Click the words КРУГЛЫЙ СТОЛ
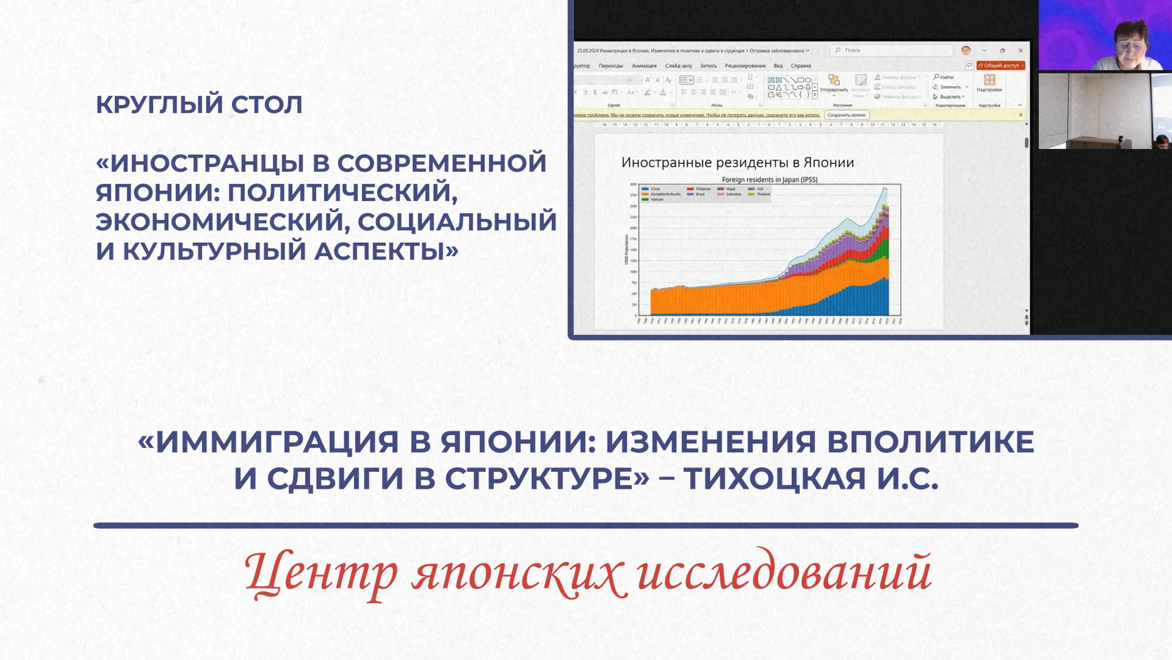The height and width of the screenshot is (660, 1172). tap(199, 105)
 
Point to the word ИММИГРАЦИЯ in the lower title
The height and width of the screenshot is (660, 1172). tap(277, 442)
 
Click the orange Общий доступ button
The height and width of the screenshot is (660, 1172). tap(1001, 66)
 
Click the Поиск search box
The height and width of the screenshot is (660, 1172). tap(891, 50)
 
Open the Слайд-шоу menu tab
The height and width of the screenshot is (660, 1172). tap(678, 66)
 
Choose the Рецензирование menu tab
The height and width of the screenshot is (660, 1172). tap(745, 66)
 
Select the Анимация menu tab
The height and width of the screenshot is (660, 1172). tap(644, 66)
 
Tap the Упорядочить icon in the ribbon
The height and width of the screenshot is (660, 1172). tap(834, 81)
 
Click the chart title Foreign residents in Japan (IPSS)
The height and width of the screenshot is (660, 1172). tap(770, 180)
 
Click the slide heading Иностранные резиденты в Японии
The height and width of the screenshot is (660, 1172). tap(737, 163)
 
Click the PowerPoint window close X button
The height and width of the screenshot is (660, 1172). tap(1021, 50)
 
